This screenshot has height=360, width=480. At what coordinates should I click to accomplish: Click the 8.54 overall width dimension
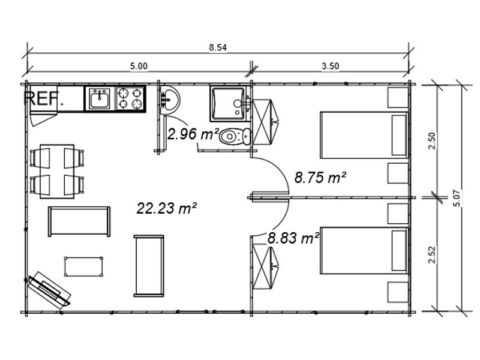(x=218, y=47)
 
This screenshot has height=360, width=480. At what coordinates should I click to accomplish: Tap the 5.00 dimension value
(x=139, y=66)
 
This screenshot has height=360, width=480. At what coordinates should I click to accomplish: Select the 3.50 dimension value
(x=331, y=66)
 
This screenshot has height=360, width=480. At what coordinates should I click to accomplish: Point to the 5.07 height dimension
(x=457, y=198)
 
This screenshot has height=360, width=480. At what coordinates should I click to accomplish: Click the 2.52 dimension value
(x=431, y=254)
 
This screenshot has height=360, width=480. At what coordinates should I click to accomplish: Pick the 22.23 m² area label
(x=167, y=208)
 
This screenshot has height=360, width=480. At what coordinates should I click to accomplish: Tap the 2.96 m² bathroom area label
(x=193, y=134)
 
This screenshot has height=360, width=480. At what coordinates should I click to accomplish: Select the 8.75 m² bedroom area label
(x=320, y=178)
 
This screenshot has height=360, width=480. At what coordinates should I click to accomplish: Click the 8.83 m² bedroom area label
(x=293, y=238)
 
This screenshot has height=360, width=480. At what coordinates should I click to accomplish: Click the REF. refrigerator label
(x=44, y=98)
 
